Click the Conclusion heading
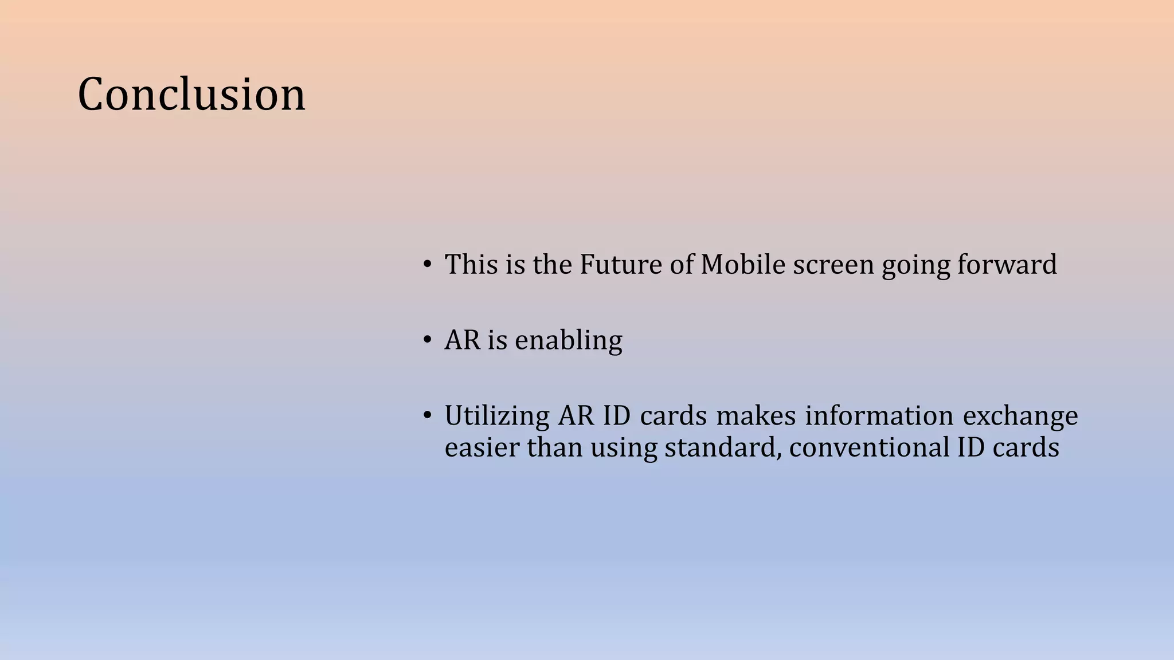(191, 95)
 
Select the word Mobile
(742, 265)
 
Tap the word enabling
(568, 341)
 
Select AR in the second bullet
(462, 340)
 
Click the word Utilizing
(496, 417)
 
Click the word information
(879, 416)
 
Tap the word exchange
(1020, 417)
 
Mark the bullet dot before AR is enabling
(427, 340)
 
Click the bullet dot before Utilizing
(427, 415)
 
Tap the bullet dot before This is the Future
(427, 265)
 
